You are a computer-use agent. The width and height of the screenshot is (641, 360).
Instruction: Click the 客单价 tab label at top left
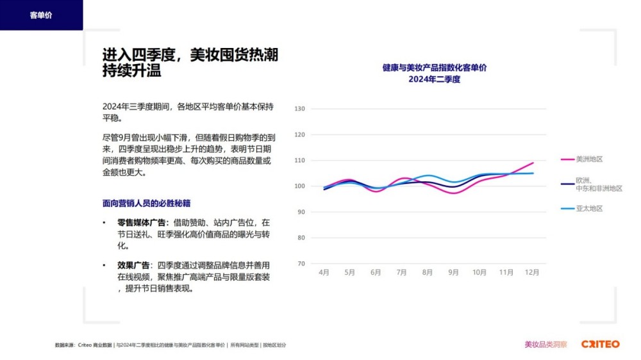(x=41, y=15)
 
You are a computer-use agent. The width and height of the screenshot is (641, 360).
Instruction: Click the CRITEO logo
(x=600, y=344)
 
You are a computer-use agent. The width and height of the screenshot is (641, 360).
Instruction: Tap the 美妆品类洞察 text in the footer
(x=545, y=344)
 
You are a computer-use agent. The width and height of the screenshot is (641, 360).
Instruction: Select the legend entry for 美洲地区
(x=589, y=159)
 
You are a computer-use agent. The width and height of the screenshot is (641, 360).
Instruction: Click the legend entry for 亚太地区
(x=589, y=208)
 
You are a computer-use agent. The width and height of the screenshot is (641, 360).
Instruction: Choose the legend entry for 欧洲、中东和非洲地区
(x=599, y=184)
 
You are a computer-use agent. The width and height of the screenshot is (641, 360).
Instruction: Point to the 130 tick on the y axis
(x=299, y=109)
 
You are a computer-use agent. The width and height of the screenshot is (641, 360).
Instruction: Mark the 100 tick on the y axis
(x=299, y=186)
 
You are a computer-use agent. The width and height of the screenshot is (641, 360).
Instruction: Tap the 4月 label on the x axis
(x=324, y=272)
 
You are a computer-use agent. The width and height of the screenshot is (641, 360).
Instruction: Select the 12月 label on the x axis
(x=532, y=272)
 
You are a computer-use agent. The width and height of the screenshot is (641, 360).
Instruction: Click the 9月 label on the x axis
(x=453, y=272)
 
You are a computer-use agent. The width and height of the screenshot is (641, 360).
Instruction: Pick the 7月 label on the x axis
(x=401, y=272)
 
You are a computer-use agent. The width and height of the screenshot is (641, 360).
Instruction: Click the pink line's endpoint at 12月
(x=533, y=163)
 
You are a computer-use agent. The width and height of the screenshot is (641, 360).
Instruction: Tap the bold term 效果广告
(x=133, y=265)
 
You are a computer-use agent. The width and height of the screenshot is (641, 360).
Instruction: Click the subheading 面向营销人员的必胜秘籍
(x=146, y=203)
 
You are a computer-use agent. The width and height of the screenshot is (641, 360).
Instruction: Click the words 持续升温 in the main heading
(x=131, y=70)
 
